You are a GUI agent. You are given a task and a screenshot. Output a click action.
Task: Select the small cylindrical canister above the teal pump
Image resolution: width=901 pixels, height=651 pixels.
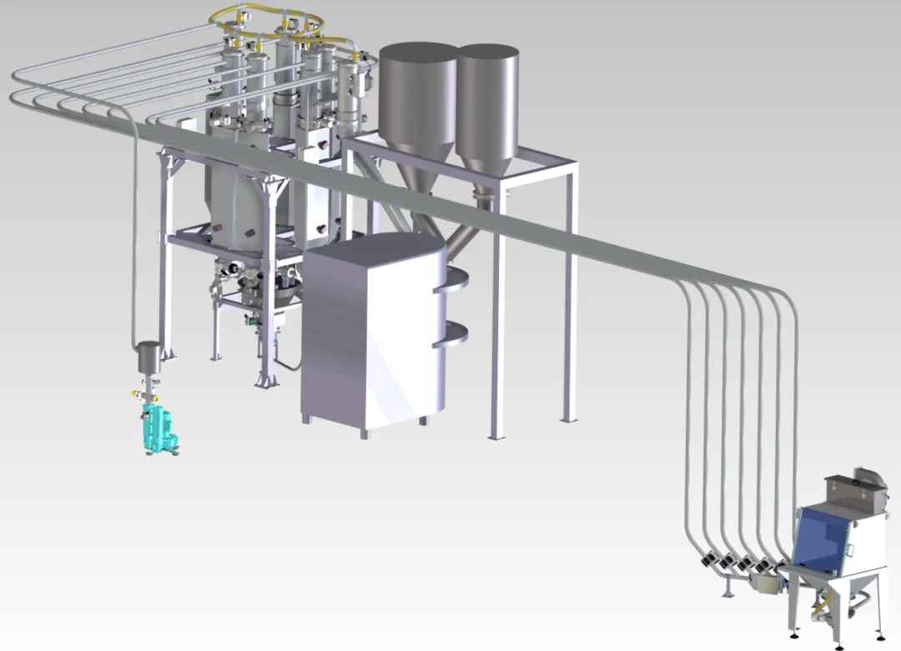pyautogui.click(x=148, y=357)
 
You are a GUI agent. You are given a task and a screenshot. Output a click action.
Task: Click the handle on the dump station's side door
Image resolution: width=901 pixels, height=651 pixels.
pyautogui.click(x=852, y=549)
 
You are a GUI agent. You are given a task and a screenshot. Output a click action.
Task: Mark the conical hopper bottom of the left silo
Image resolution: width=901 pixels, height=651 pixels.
pyautogui.click(x=415, y=183)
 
